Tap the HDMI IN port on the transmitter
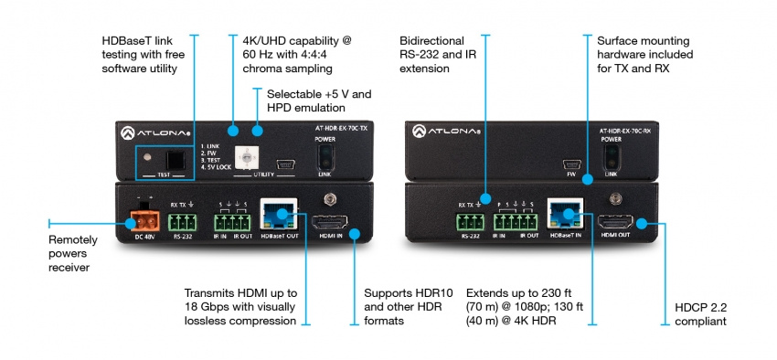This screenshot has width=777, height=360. click(x=330, y=223)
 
